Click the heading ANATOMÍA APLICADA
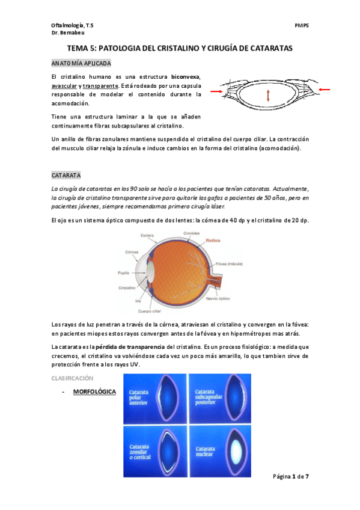pyautogui.click(x=81, y=63)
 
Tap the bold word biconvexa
pyautogui.click(x=185, y=77)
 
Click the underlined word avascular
pyautogui.click(x=66, y=86)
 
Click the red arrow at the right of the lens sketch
pyautogui.click(x=324, y=90)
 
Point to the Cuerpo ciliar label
pyautogui.click(x=150, y=311)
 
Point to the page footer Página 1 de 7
pyautogui.click(x=291, y=476)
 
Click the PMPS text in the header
pyautogui.click(x=302, y=26)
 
